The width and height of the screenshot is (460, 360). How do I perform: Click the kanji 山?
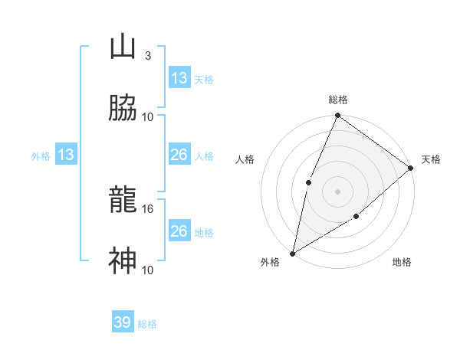coord(123,47)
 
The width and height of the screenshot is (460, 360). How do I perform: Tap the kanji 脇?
coord(123,109)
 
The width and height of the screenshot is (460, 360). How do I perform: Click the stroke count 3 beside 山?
coord(147,56)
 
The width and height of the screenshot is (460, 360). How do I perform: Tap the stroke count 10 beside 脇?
coord(149,116)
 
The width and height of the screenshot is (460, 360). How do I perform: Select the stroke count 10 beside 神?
coord(149,270)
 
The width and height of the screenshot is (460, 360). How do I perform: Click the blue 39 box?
coord(123,322)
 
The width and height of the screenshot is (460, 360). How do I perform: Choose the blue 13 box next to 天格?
coord(179,78)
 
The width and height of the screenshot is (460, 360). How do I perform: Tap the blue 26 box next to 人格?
coord(179,155)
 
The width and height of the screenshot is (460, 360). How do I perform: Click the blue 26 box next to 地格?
coord(179,231)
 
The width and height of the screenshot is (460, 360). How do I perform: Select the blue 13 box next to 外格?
coord(66,155)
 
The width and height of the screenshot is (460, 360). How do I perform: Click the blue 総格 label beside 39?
coord(147,324)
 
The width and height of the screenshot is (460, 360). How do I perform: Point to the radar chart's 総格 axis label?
coord(338,100)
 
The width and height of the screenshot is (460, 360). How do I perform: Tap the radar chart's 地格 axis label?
coord(402,263)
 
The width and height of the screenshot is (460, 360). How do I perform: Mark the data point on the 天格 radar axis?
coord(411,168)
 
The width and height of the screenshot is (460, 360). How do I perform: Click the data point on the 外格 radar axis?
coord(292,253)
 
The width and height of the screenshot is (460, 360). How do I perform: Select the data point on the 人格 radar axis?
coord(308,182)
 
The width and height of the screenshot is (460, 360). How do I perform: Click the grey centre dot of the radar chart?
coord(337,191)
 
